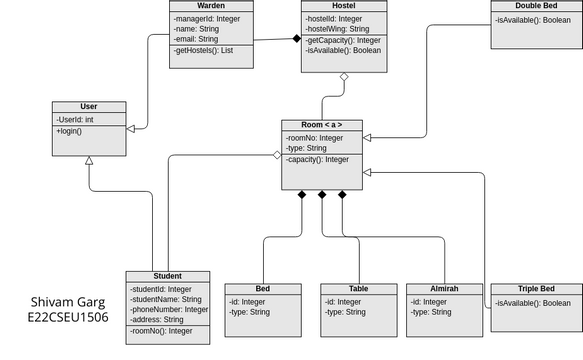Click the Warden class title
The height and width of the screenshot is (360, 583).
tap(211, 6)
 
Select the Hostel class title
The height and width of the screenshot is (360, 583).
tap(343, 6)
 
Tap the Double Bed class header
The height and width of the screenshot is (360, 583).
tap(536, 6)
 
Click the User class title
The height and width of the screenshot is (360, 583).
tap(88, 106)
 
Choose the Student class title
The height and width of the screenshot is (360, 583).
tap(167, 276)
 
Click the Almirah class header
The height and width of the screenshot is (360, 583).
tap(443, 288)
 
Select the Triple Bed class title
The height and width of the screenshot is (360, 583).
tap(536, 288)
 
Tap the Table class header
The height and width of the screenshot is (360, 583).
tap(358, 288)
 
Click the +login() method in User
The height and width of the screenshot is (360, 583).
tap(71, 131)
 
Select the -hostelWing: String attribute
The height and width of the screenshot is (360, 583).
tap(338, 29)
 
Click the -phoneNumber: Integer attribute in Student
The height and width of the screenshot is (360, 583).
tap(169, 309)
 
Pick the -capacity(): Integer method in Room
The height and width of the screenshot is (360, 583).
tap(318, 159)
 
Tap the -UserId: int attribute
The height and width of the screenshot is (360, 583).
tap(76, 119)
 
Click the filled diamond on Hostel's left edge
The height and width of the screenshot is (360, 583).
tap(296, 38)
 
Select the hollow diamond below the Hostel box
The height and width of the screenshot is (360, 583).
tap(343, 77)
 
